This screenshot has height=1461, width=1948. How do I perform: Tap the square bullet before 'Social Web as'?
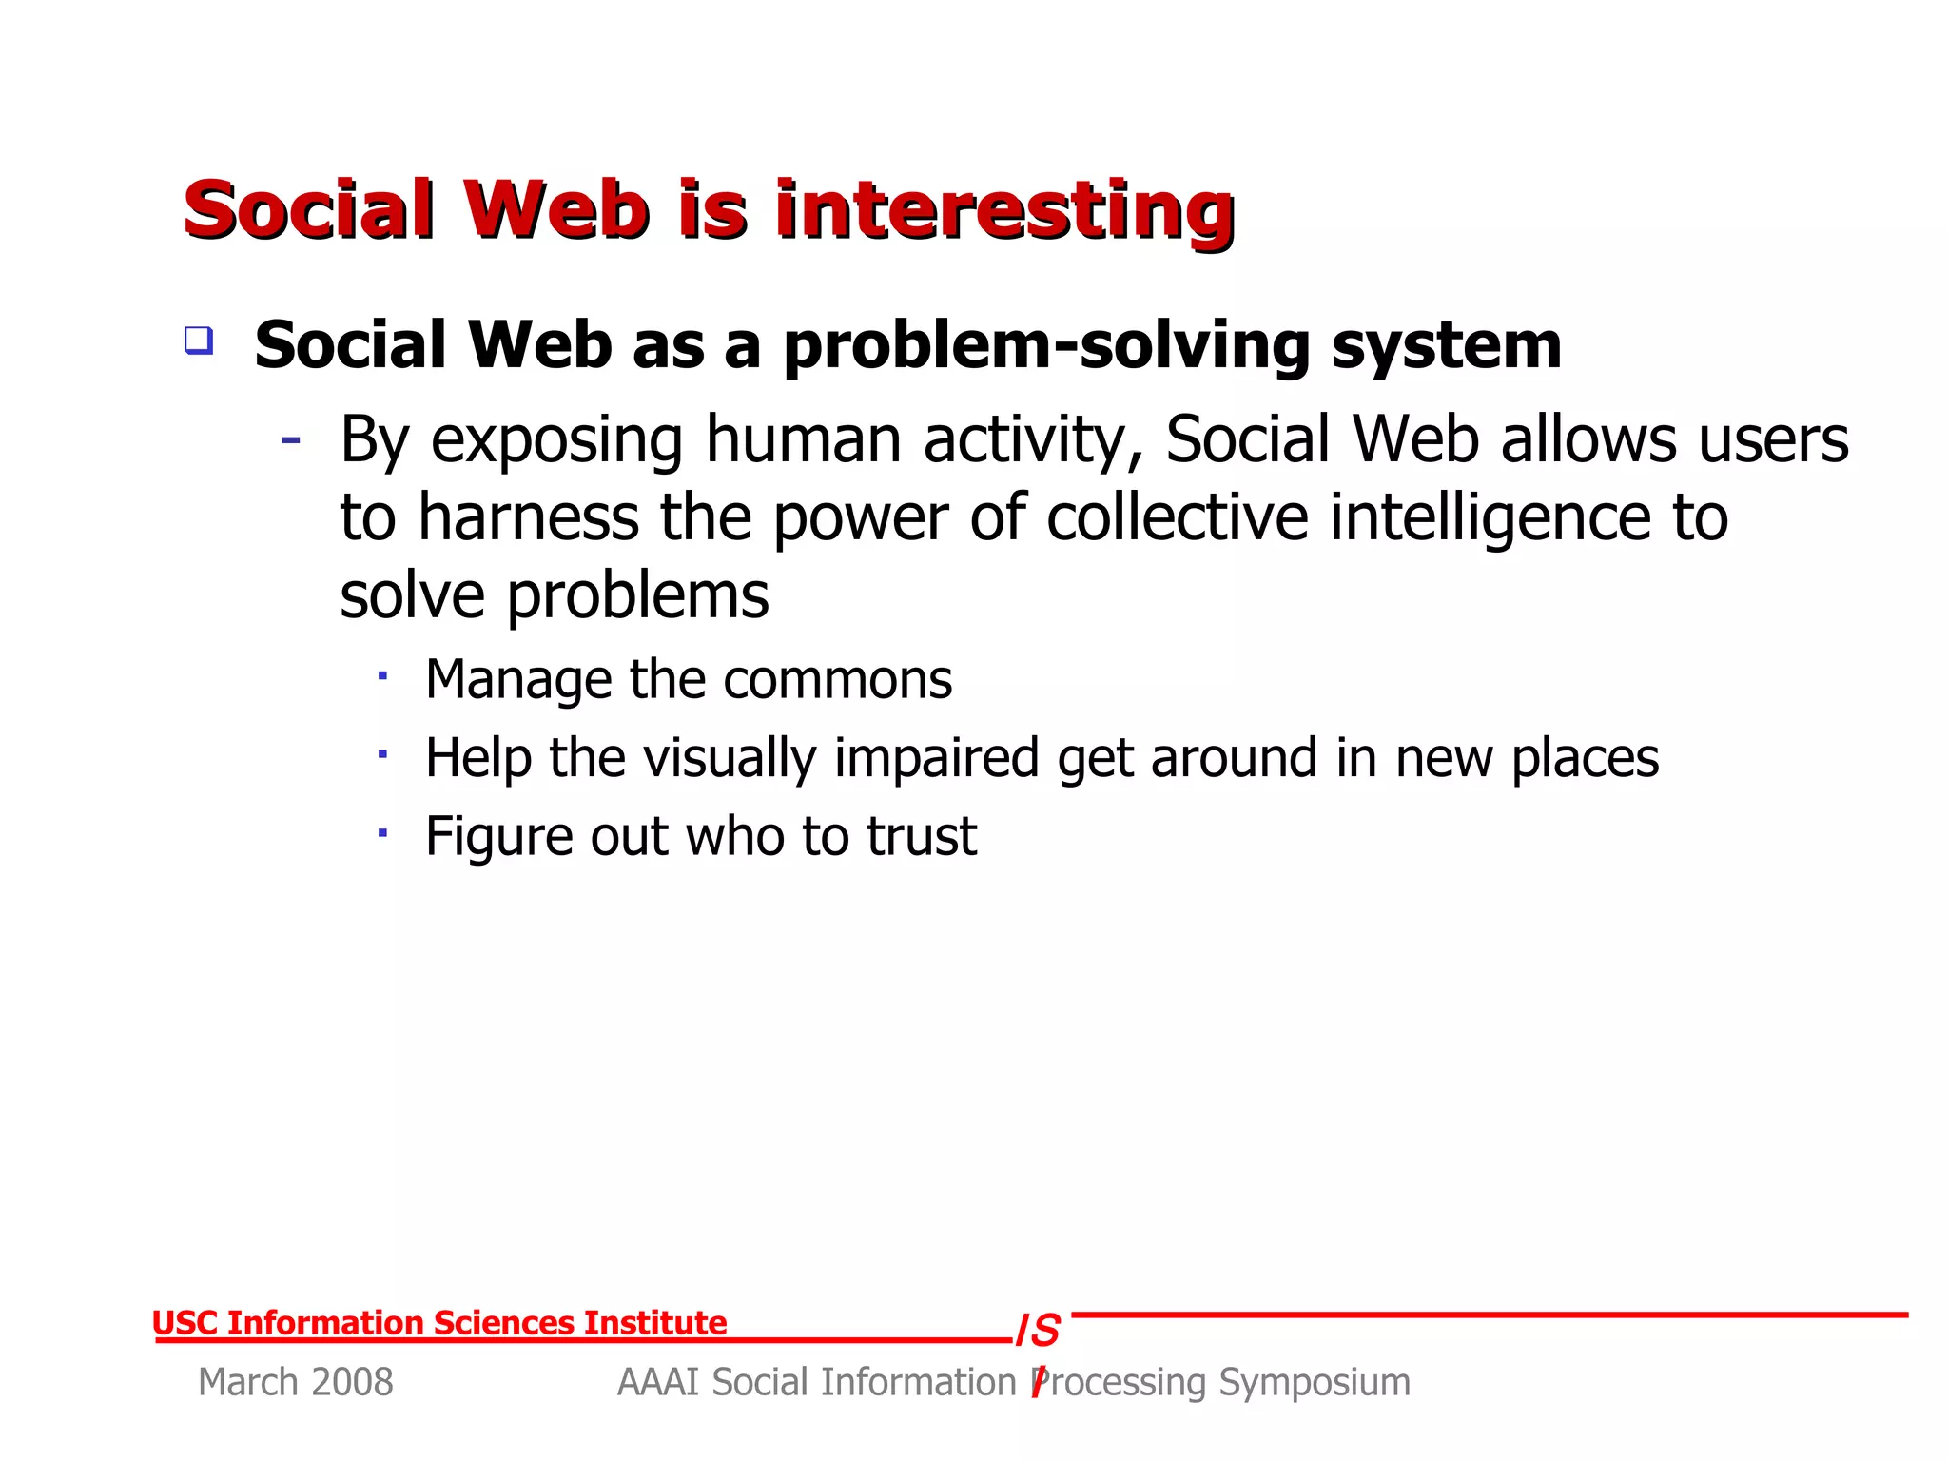[199, 341]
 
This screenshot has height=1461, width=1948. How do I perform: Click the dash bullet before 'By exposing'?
[291, 440]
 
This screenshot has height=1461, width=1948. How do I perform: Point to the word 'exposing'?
[556, 441]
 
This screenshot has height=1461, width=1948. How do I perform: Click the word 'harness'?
[528, 518]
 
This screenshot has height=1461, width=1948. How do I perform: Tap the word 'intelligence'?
[1490, 520]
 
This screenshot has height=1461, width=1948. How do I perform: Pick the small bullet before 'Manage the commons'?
[382, 676]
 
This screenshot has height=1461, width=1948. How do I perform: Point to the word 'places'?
[1585, 759]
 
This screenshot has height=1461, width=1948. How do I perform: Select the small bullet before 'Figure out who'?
[382, 833]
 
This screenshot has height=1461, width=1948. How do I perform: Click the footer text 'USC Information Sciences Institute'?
[439, 1323]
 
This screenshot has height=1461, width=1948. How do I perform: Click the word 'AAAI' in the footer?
[658, 1382]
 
